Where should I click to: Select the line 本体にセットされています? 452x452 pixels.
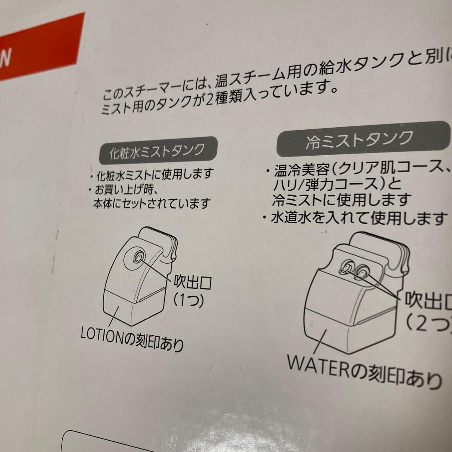[152, 204]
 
